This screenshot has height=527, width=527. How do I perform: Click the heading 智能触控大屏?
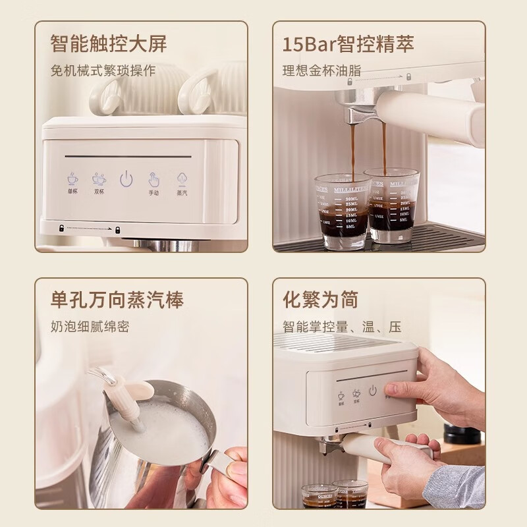109,43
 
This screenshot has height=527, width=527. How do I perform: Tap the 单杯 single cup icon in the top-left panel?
72,179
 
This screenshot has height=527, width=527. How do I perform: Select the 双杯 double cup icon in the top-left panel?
99,179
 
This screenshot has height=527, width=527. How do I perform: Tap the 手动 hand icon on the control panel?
153,179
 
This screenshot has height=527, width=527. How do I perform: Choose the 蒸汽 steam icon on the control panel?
181,179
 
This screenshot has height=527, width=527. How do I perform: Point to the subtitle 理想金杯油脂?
321,70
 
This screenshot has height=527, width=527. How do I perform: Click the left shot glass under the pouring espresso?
341,211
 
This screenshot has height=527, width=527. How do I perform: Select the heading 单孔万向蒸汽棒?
117,300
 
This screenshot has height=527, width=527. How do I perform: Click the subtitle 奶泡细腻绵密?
90,327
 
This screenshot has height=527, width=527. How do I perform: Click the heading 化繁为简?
320,300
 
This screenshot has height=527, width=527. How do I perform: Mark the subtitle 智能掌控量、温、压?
342,327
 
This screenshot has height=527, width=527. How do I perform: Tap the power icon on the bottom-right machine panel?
373,391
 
